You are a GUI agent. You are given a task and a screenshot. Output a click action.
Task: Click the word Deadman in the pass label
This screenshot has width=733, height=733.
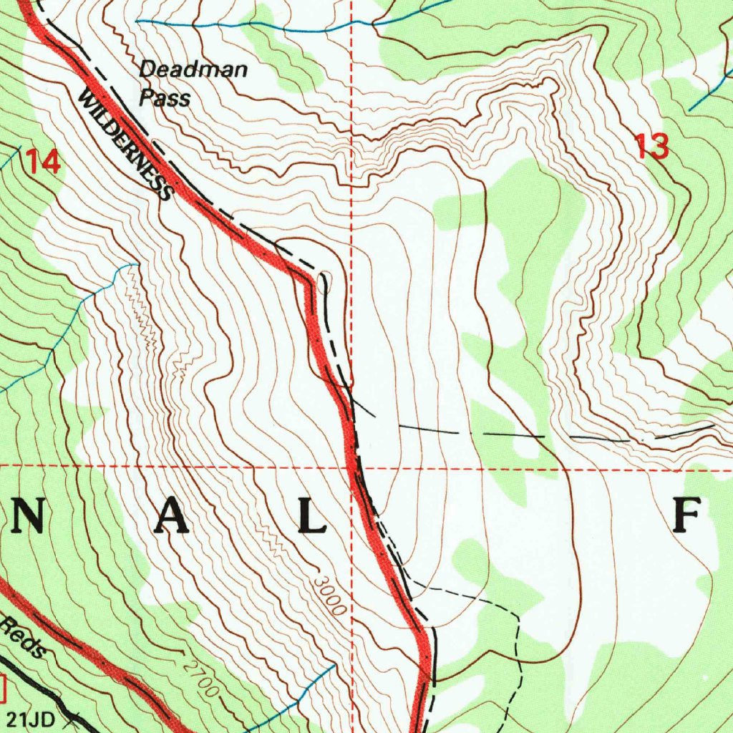click(x=193, y=70)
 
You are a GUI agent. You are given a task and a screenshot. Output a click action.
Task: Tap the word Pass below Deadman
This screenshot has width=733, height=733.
click(x=165, y=97)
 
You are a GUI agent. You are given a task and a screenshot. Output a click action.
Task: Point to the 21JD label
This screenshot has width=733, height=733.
click(x=31, y=717)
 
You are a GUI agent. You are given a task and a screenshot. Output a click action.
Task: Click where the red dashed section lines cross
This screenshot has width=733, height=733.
click(x=351, y=465)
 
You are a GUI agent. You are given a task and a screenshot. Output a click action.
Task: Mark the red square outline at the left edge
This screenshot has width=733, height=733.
click(x=2, y=689)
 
